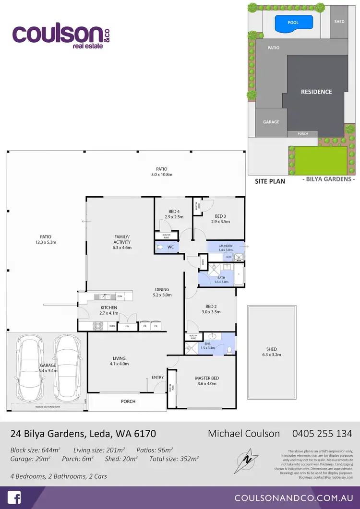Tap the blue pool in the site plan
tap(293, 22)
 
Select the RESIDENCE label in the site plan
tap(316, 92)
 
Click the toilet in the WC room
tap(160, 247)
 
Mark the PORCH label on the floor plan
tap(128, 401)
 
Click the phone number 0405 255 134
tap(322, 434)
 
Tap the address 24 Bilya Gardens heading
tap(83, 434)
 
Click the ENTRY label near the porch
tap(157, 377)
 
